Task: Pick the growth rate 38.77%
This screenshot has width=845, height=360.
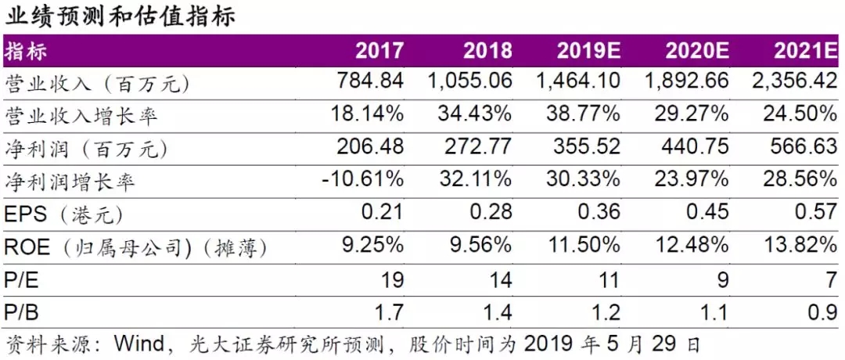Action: [x=583, y=115]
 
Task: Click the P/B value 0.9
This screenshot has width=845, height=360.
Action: [x=822, y=312]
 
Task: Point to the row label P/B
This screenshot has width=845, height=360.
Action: [x=22, y=312]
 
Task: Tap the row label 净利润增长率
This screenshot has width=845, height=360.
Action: [x=70, y=181]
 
